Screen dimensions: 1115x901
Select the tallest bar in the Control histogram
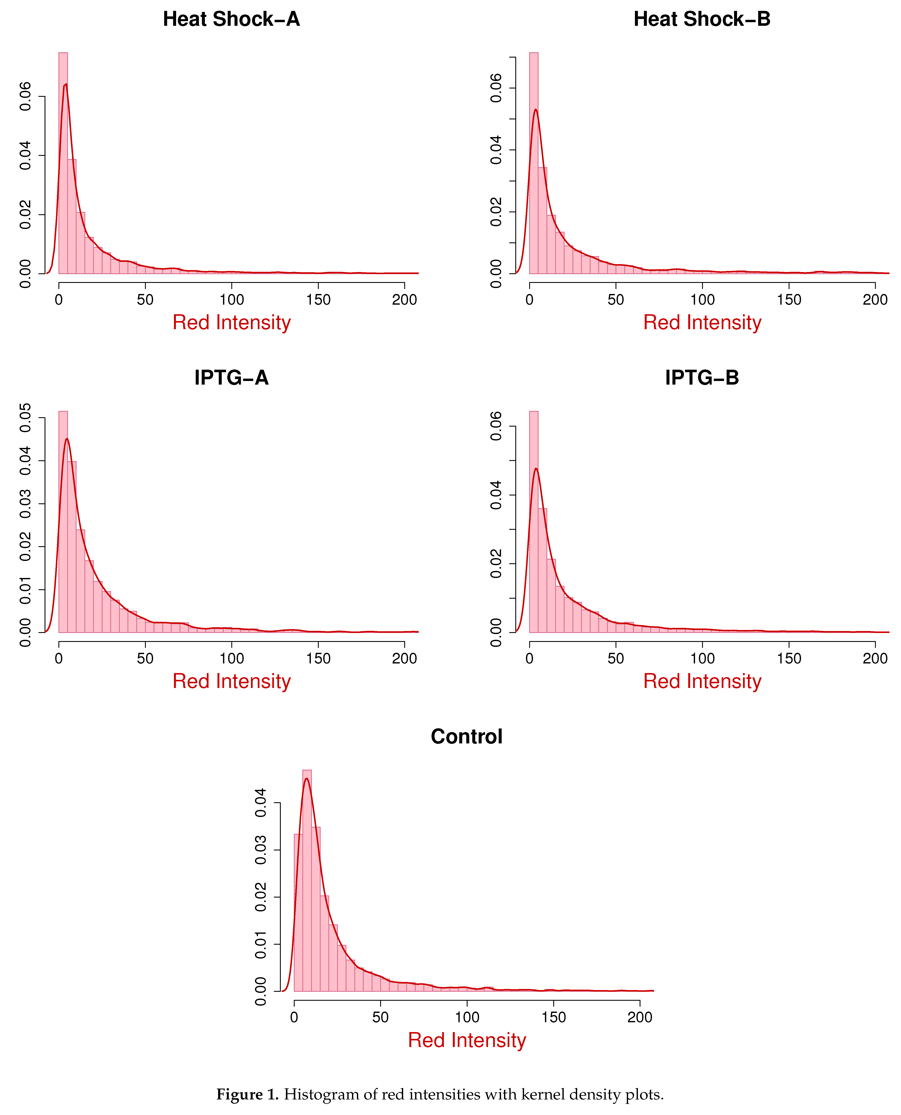pyautogui.click(x=307, y=882)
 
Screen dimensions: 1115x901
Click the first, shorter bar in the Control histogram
pyautogui.click(x=298, y=913)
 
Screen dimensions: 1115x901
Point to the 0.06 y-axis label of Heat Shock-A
pyautogui.click(x=25, y=97)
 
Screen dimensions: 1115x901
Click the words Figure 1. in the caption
pyautogui.click(x=248, y=1095)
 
